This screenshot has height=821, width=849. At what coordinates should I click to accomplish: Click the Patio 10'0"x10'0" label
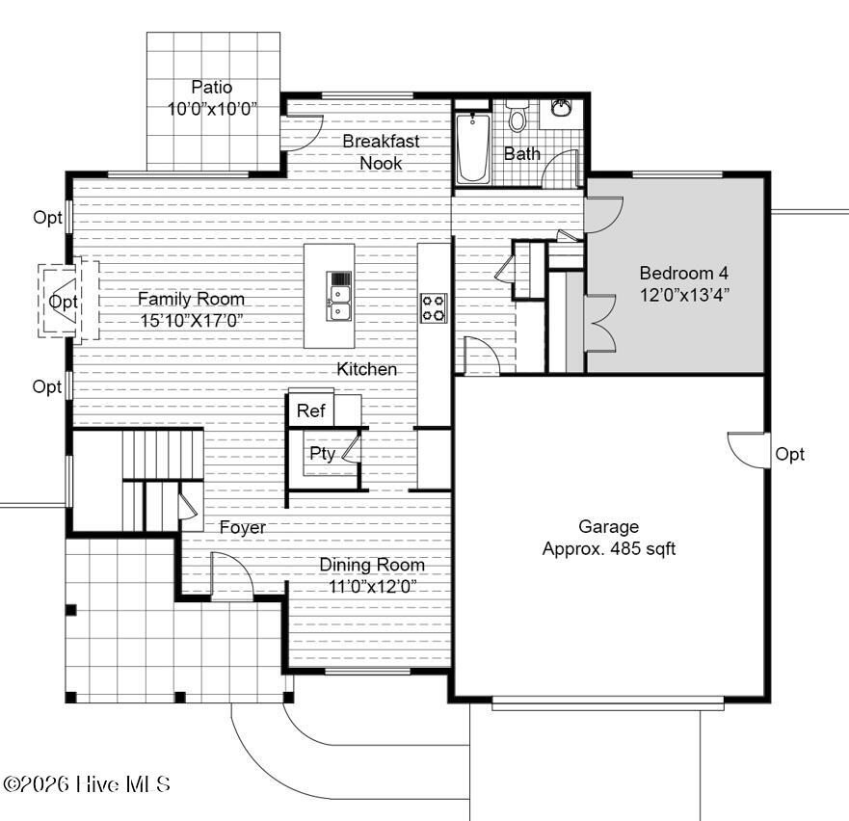[x=212, y=97]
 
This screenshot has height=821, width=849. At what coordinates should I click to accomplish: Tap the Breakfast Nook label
[x=381, y=151]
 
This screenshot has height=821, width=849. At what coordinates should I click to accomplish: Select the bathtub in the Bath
[x=473, y=147]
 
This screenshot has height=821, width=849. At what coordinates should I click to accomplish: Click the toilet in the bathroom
[x=517, y=119]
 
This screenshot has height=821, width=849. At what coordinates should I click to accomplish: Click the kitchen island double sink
[x=339, y=297]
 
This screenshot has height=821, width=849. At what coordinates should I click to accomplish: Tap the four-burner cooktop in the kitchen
[x=434, y=307]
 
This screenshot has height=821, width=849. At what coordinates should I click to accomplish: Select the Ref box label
[x=310, y=411]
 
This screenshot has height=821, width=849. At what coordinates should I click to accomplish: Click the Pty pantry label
[x=322, y=454]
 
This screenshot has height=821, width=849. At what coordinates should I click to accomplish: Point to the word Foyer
[x=242, y=528]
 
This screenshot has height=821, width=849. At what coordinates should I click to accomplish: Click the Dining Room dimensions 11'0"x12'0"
[x=372, y=587]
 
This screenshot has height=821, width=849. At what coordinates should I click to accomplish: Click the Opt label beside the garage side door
[x=789, y=455]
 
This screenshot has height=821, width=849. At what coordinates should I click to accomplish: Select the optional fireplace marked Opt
[x=63, y=302]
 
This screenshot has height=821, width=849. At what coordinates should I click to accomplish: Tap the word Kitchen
[x=366, y=369]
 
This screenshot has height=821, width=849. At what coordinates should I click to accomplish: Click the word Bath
[x=522, y=153]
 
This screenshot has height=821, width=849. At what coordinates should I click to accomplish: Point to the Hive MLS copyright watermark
[x=87, y=784]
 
